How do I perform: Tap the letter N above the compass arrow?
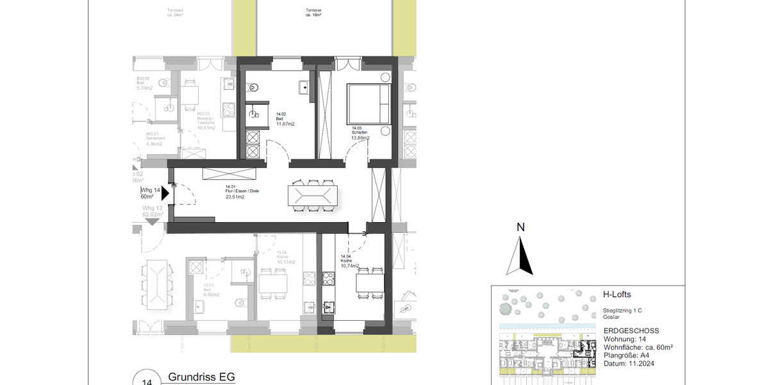(521, 227)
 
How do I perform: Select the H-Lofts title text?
(617, 295)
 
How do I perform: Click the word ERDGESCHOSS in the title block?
(631, 330)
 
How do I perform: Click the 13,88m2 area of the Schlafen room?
(360, 138)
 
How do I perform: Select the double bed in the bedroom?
(368, 104)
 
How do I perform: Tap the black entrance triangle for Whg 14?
(165, 193)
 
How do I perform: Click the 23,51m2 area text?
(235, 198)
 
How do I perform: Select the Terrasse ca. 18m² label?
(315, 12)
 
